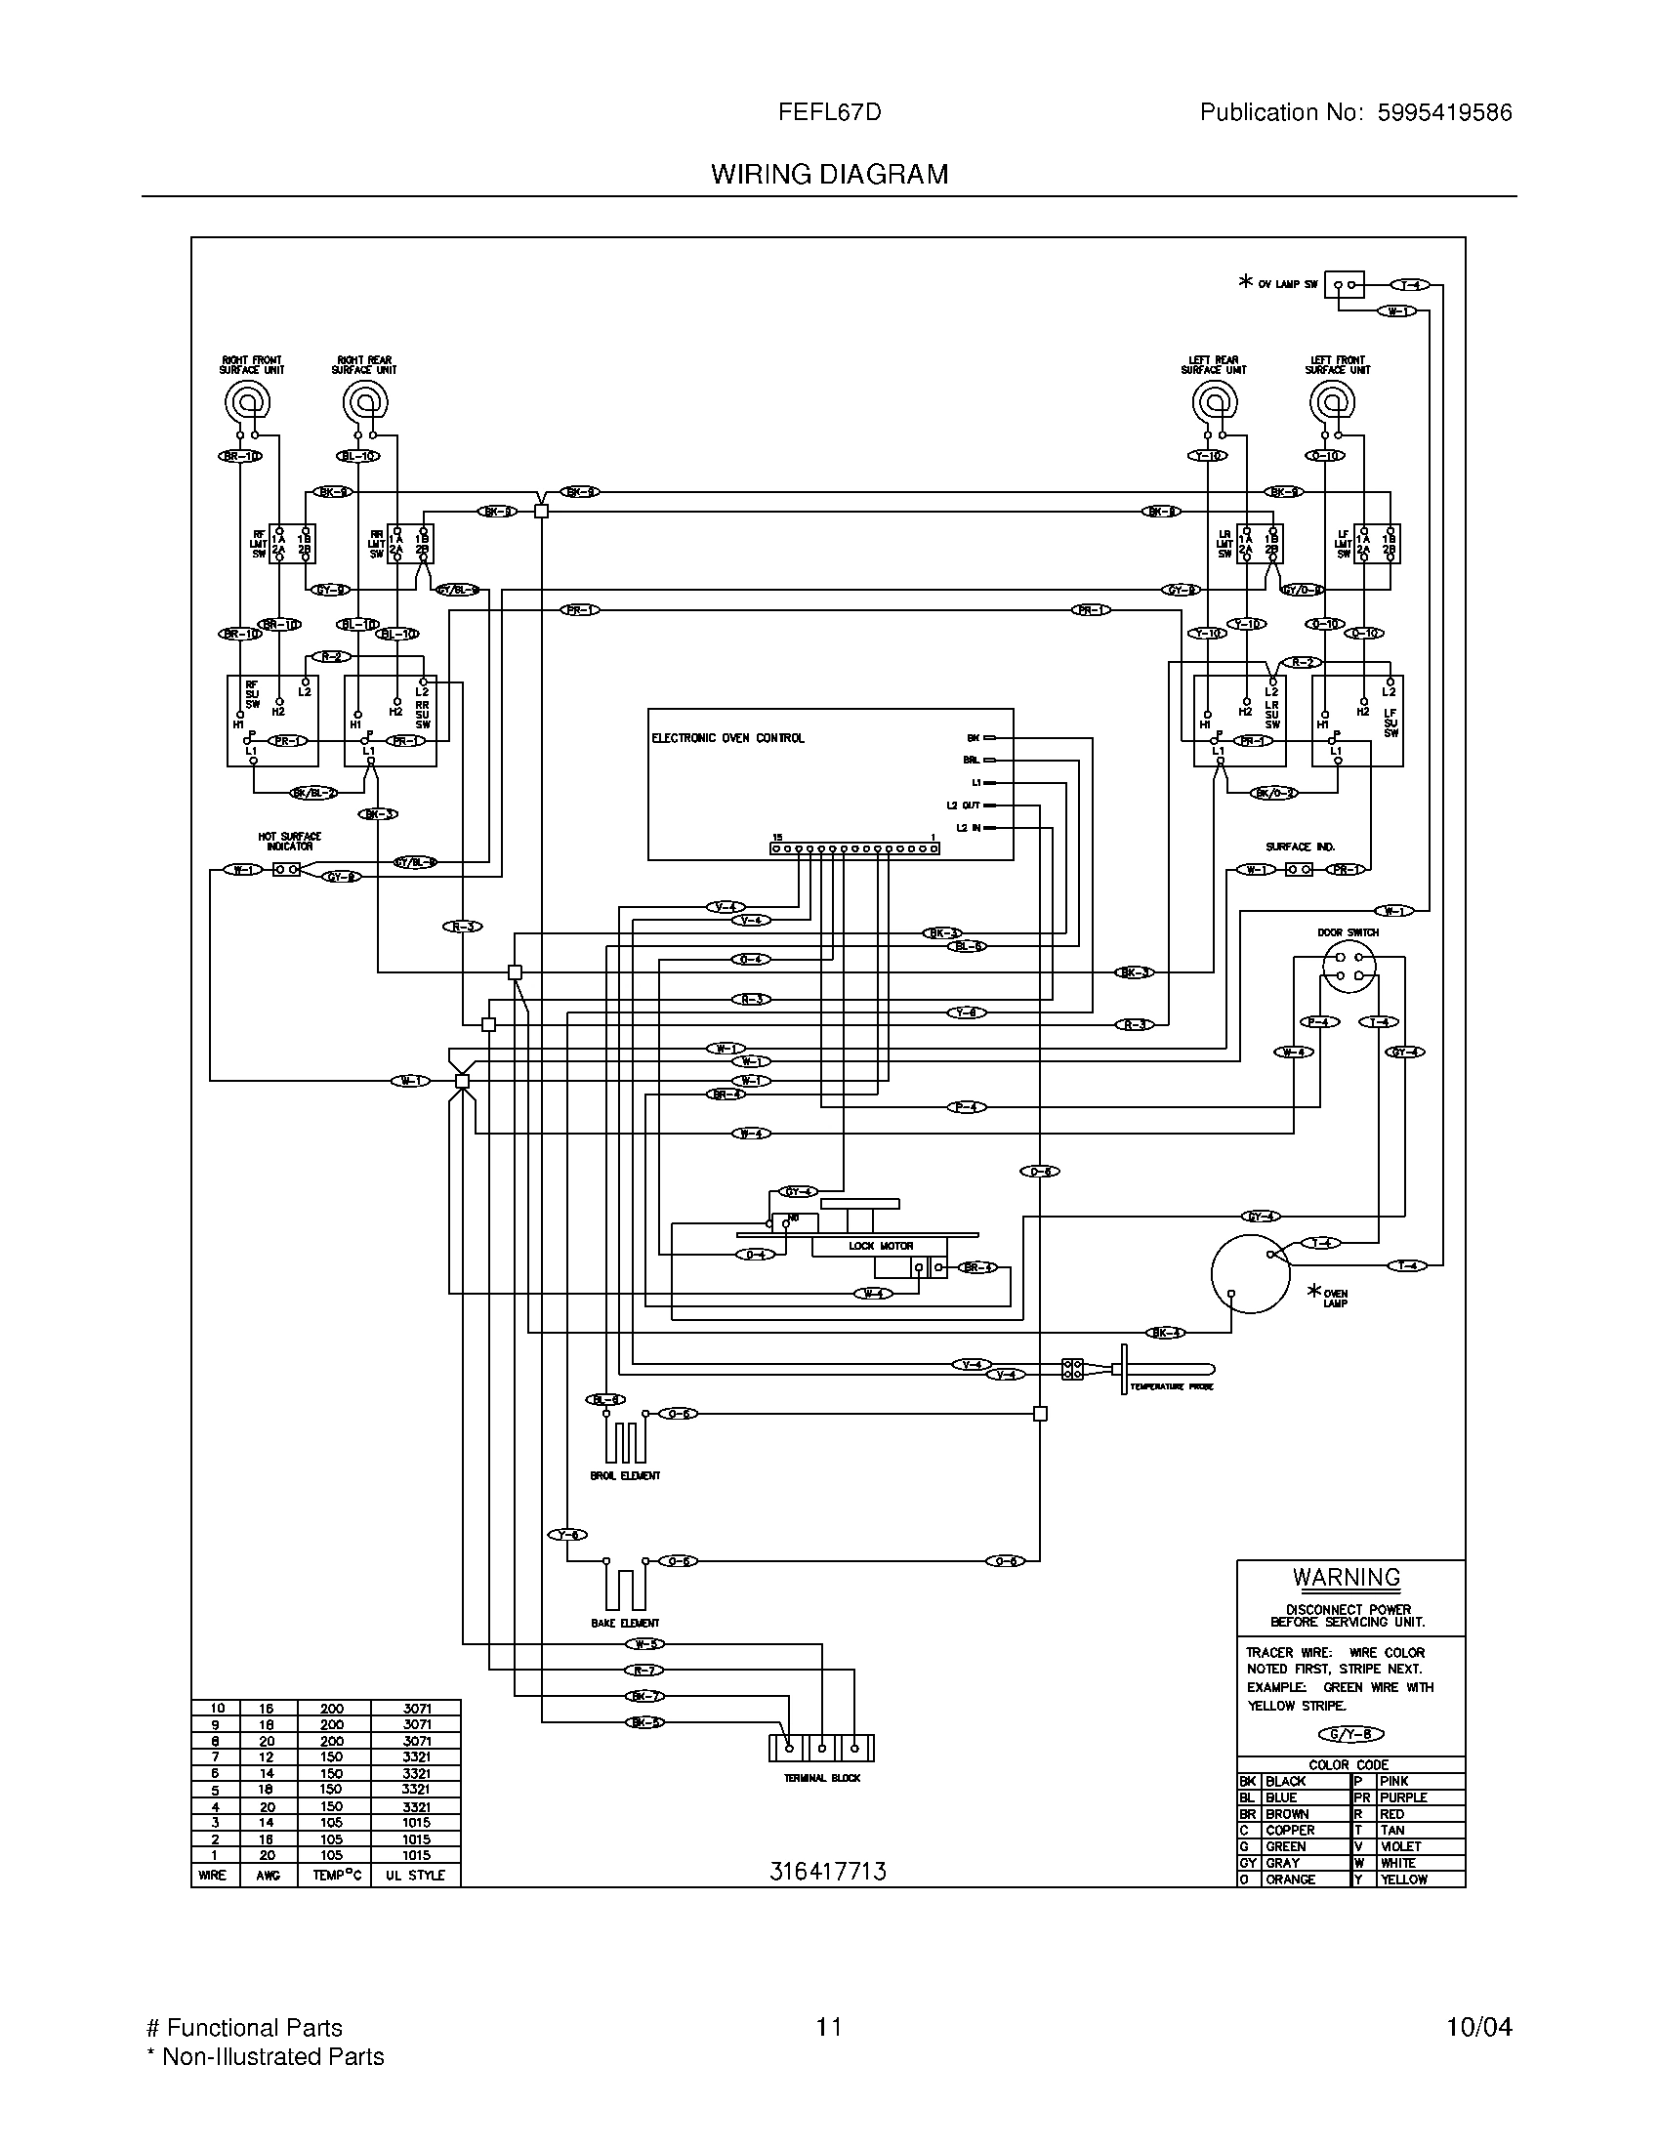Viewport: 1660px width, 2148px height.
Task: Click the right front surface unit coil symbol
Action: (246, 401)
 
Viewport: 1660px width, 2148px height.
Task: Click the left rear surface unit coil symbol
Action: (1214, 401)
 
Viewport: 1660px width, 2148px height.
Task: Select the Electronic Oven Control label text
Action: (727, 737)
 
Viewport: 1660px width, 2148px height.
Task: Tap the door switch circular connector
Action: (1349, 965)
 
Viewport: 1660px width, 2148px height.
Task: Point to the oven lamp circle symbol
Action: (1250, 1272)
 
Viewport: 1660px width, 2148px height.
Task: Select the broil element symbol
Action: (625, 1441)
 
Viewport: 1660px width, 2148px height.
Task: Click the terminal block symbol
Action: (821, 1748)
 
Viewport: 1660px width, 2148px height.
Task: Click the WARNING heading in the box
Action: (1347, 1578)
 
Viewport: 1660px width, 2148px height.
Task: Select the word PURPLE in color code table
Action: (1403, 1797)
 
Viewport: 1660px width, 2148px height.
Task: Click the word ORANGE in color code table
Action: (1290, 1879)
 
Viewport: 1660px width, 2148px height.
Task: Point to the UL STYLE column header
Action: (415, 1875)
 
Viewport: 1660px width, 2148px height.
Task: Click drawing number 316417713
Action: (827, 1871)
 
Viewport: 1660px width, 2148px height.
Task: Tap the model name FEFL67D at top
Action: (829, 112)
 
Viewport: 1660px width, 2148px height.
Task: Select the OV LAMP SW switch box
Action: (1345, 285)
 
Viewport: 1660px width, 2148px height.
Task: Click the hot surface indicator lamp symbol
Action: (286, 869)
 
